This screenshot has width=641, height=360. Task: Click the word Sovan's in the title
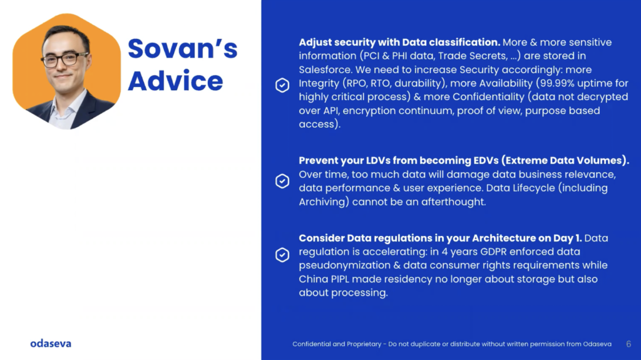click(182, 49)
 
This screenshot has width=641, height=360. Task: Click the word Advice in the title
click(175, 81)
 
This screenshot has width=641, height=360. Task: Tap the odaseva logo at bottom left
click(51, 344)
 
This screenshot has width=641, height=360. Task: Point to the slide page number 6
click(628, 344)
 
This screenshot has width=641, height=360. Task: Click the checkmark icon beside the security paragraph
click(282, 85)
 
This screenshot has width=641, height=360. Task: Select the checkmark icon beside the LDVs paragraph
click(282, 181)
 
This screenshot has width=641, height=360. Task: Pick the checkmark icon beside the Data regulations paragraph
click(282, 255)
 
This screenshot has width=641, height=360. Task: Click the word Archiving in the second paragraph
click(324, 202)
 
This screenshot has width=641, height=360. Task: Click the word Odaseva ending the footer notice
click(597, 344)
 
